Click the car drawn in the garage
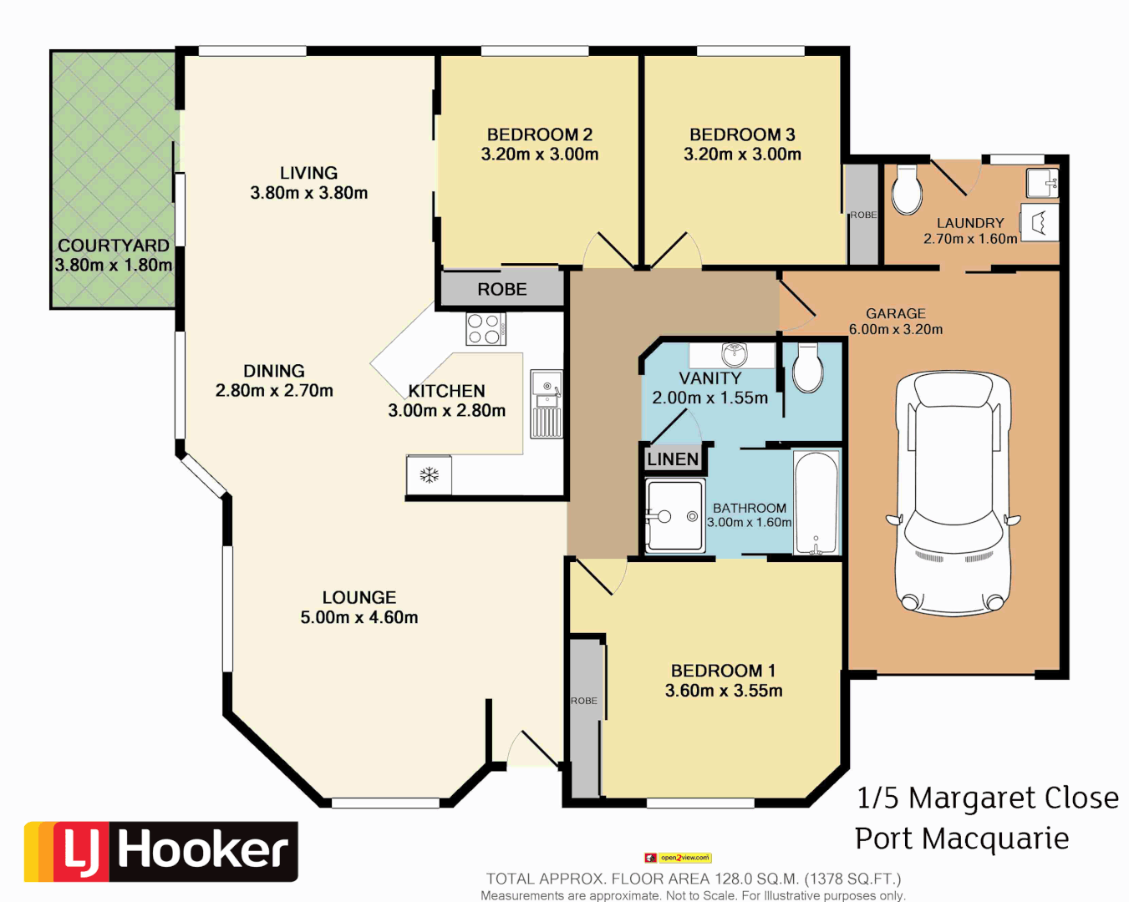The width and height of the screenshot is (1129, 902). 953,493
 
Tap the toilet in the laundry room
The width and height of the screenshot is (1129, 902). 907,190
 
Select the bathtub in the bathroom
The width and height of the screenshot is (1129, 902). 816,503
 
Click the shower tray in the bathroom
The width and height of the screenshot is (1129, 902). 675,515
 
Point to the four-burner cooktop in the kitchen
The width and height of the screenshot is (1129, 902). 485,328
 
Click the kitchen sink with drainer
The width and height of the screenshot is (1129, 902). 547,404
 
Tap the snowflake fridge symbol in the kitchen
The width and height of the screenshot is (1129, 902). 429,475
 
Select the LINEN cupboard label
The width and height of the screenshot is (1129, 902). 673,459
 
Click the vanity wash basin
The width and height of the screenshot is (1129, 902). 734,354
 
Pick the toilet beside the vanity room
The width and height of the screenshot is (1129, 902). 808,368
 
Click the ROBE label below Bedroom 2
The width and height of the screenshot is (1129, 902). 502,290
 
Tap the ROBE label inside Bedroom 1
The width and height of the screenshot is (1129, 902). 584,701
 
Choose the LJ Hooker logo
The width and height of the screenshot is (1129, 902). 161,851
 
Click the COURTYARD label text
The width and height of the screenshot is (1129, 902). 114,246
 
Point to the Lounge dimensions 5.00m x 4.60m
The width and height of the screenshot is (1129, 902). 359,618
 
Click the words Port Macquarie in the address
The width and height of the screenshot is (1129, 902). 962,838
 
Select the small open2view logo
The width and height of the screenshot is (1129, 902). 678,858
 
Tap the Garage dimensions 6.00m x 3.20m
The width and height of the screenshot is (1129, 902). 896,330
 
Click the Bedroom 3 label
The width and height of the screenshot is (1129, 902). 742,134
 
